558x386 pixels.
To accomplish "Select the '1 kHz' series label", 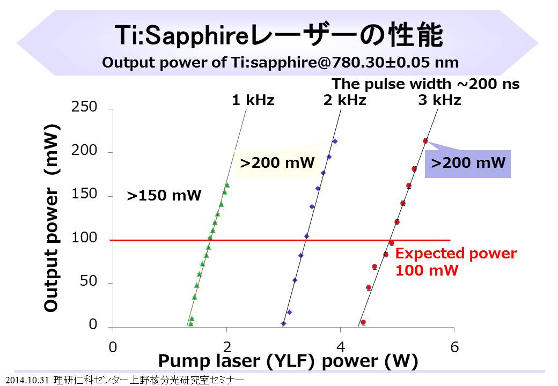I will point(253,100).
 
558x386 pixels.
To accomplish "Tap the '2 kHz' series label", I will point(345,100).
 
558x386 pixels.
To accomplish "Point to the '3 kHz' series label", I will point(439,100).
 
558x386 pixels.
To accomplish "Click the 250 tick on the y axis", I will point(85,107).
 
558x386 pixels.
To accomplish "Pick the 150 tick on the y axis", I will point(85,195).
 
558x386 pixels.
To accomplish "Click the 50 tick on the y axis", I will point(89,282).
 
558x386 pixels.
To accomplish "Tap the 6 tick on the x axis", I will point(454,347).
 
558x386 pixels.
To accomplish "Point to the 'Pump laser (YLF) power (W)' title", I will point(288,362).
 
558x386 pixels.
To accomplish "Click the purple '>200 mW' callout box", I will point(468,164).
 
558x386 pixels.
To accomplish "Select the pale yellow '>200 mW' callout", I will point(277,162).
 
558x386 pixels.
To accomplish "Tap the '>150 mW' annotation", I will point(164,196).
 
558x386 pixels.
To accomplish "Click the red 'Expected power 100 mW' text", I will point(456,262).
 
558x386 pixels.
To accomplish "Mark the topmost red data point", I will point(425,141).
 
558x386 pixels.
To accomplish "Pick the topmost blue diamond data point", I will point(335,142).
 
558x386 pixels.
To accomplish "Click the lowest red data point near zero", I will point(363,322).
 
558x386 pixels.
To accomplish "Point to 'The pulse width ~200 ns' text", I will point(426,84).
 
